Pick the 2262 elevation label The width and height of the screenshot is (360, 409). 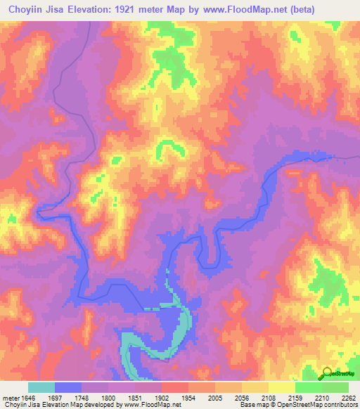pyautogui.click(x=349, y=396)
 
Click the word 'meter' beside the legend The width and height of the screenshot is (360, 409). pyautogui.click(x=11, y=396)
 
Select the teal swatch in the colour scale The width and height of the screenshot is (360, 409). pyautogui.click(x=41, y=387)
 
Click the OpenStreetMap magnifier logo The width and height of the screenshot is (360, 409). pyautogui.click(x=328, y=373)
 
